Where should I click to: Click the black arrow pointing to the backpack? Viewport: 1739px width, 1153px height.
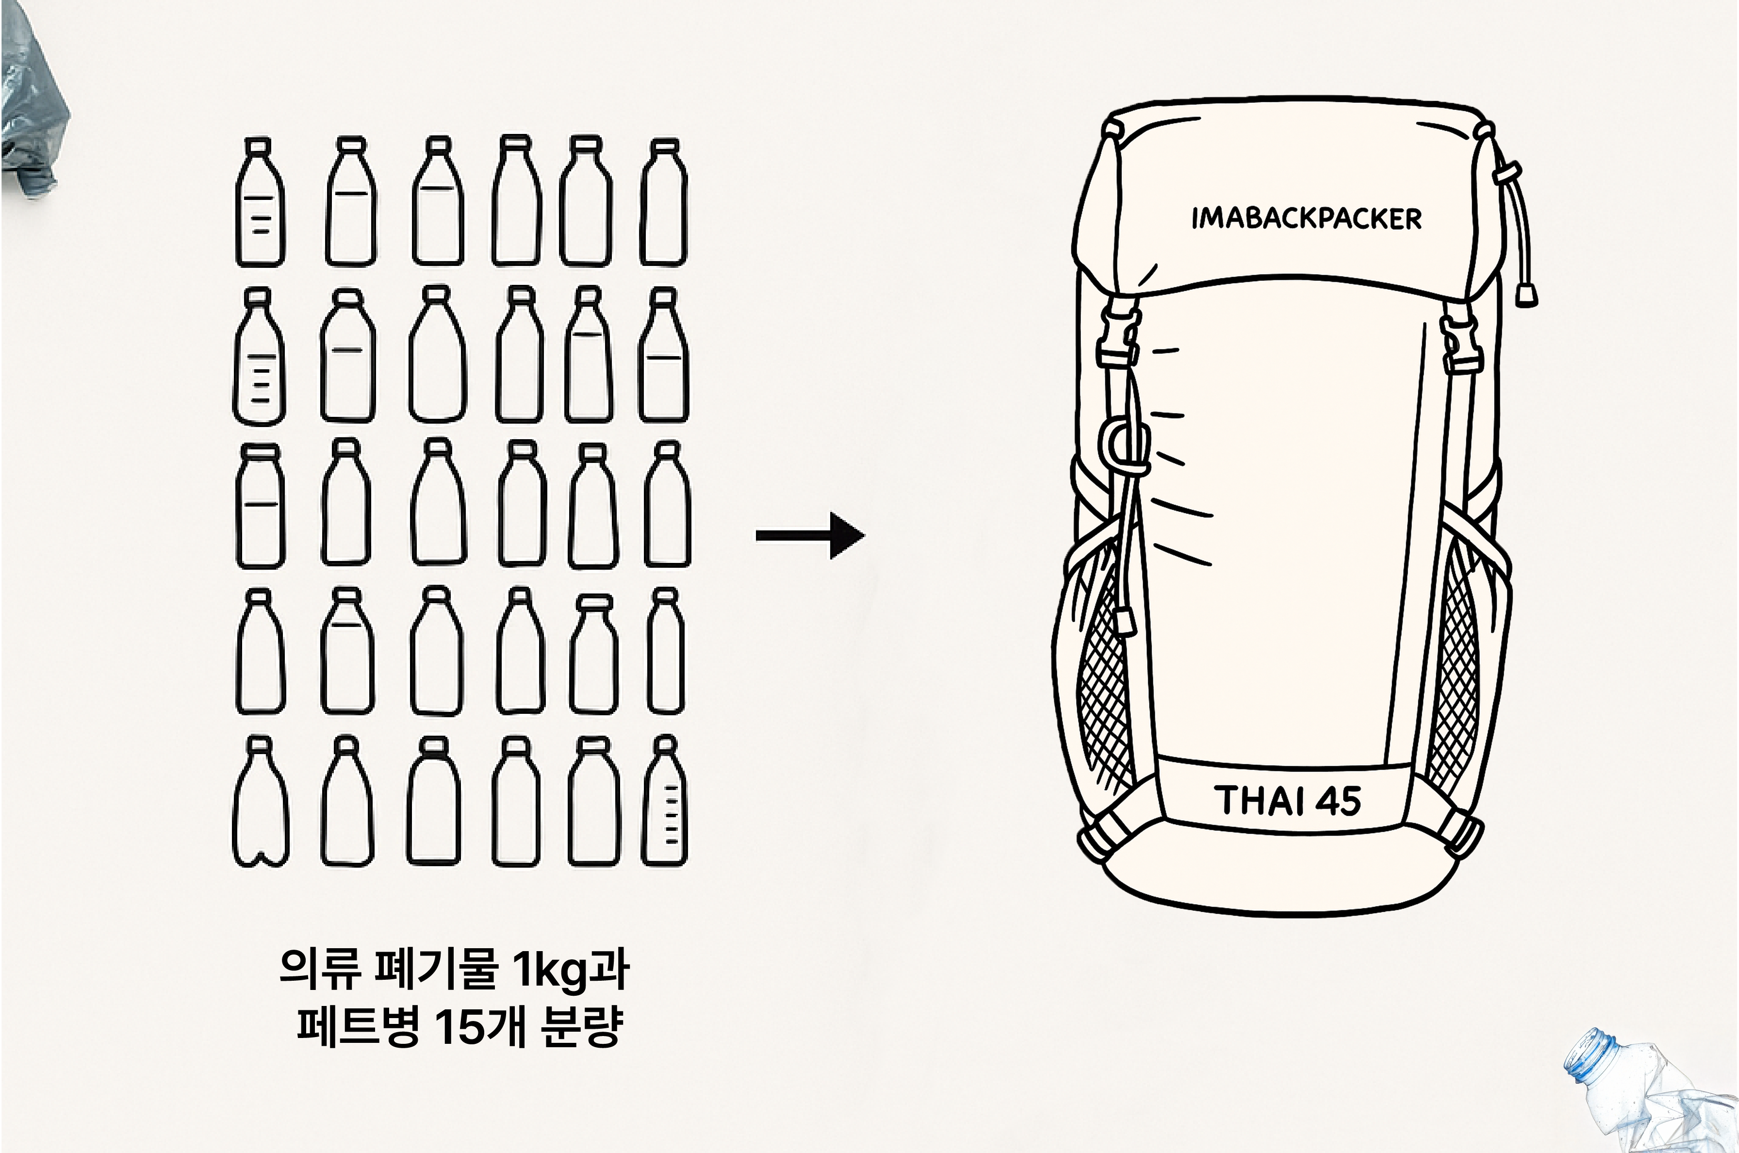click(x=810, y=535)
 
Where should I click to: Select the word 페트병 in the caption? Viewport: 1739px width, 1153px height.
click(x=358, y=1026)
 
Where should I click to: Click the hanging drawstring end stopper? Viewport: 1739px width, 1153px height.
click(x=1526, y=296)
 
